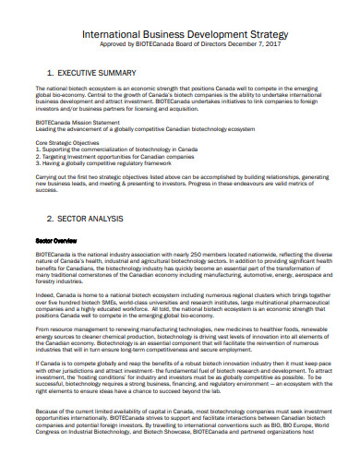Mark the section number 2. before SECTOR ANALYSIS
point(50,220)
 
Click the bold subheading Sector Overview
point(56,240)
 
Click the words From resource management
point(69,328)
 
